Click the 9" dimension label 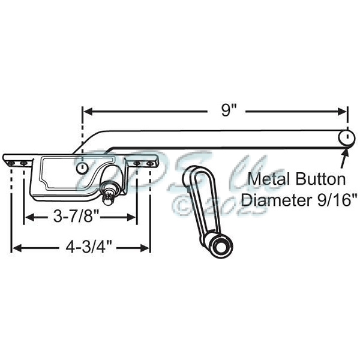pos(225,110)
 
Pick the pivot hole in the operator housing pos(81,169)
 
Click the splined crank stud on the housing pos(109,193)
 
